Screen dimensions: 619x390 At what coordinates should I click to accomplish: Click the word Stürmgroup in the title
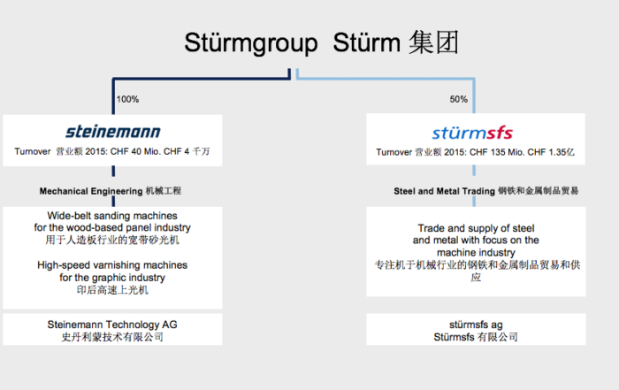251,43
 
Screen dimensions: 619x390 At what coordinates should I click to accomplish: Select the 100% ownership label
127,99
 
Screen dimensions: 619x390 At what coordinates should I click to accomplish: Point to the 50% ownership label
459,99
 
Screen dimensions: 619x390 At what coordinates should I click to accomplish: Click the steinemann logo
113,132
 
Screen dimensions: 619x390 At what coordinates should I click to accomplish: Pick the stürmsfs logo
472,133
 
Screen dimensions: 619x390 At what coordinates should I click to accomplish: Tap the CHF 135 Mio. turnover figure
470,152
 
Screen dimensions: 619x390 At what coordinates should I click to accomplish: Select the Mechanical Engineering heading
91,191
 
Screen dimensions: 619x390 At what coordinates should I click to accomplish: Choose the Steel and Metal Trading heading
444,191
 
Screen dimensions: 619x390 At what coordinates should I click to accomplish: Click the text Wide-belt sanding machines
112,216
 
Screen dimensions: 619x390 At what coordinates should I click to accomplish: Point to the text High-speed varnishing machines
112,265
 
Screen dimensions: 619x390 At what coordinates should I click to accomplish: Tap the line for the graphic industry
112,278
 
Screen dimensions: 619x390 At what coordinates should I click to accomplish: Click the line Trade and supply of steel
476,228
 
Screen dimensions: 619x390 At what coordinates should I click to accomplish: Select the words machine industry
476,253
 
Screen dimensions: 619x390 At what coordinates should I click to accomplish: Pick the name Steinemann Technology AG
112,325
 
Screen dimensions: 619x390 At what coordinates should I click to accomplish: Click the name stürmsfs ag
476,325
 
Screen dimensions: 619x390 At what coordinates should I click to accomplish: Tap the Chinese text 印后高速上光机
112,290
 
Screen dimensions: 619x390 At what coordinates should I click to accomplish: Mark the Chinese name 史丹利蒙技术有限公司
112,337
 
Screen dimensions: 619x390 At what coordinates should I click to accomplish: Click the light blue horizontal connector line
386,78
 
